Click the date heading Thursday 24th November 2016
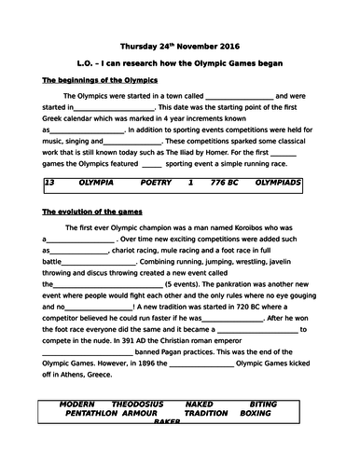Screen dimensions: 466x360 180,45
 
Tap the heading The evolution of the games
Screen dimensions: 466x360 90,212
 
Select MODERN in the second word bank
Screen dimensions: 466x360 76,404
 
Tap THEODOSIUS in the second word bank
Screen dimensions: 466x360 137,404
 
